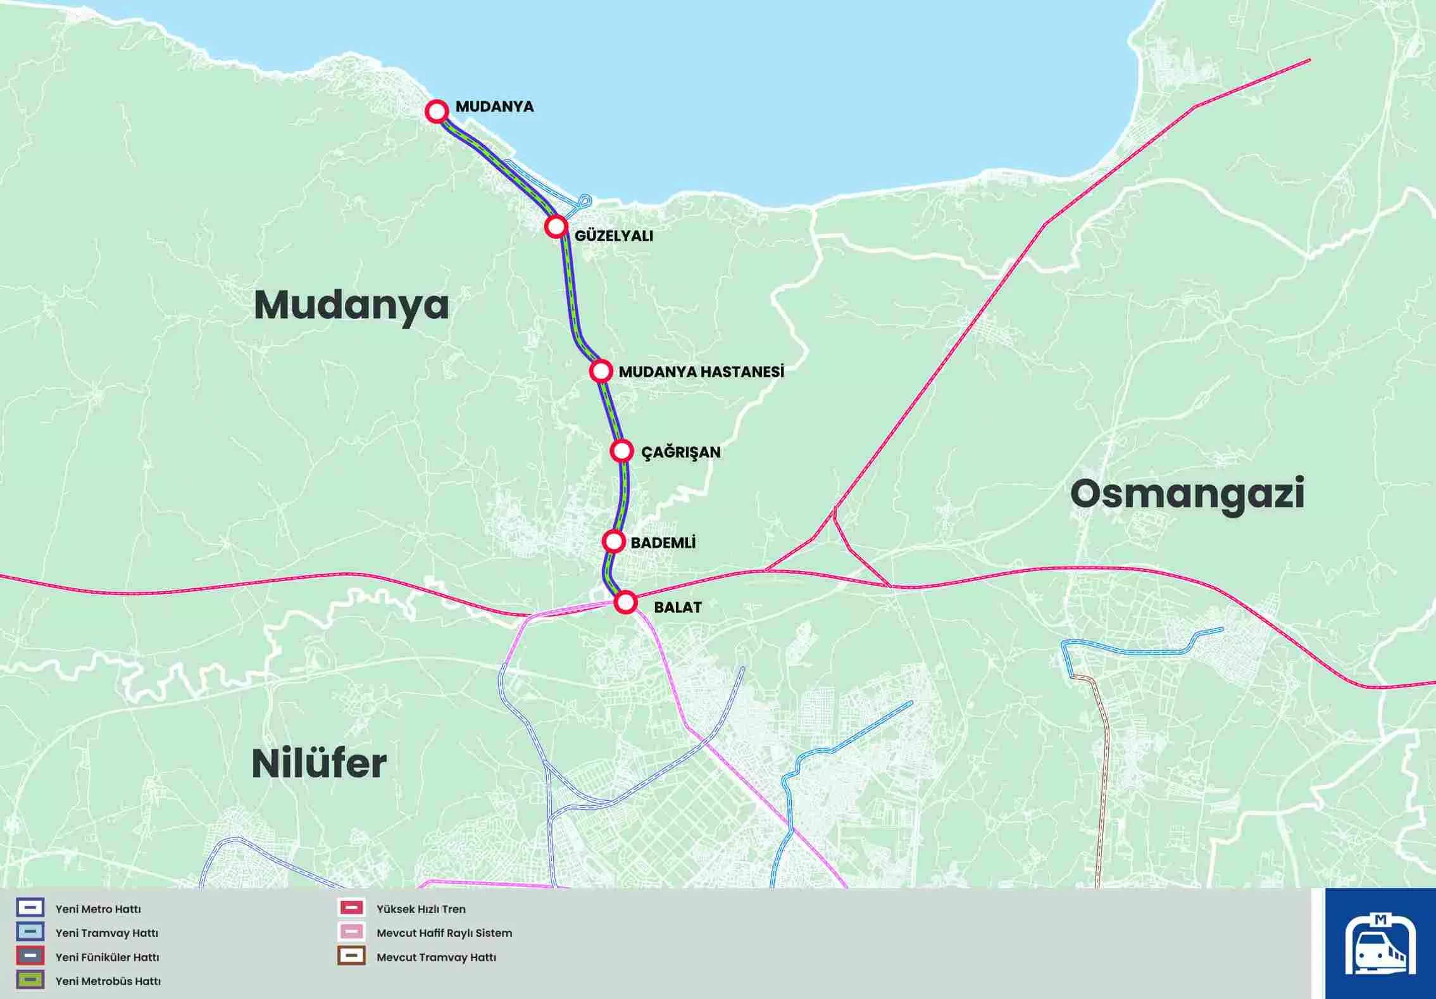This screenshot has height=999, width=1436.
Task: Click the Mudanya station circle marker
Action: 437,111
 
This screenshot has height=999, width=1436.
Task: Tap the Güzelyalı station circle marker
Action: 556,226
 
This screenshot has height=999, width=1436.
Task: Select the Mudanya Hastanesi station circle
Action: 601,370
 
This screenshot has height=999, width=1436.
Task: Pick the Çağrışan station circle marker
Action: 621,451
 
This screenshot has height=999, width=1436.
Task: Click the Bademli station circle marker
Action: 613,541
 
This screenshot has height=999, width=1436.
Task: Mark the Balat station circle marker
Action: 625,602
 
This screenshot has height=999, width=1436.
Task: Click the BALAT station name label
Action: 677,607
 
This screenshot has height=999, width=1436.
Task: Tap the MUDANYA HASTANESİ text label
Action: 701,372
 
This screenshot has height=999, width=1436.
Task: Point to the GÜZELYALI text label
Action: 613,236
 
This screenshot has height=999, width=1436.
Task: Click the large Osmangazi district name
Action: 1187,494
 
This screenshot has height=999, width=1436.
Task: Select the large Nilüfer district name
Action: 319,763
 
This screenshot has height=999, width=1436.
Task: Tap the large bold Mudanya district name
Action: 351,305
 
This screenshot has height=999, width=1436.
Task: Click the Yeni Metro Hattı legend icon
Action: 30,908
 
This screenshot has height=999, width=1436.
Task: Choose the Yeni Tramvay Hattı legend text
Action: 106,933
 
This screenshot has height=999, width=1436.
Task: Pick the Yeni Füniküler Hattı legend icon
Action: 30,956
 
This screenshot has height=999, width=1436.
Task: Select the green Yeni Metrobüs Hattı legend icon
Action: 30,980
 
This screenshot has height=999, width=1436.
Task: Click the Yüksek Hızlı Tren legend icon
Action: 351,908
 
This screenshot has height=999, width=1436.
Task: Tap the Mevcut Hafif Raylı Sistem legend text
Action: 444,933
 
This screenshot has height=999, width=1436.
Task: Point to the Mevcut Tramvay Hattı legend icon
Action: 351,956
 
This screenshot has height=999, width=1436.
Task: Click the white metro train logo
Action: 1380,944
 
